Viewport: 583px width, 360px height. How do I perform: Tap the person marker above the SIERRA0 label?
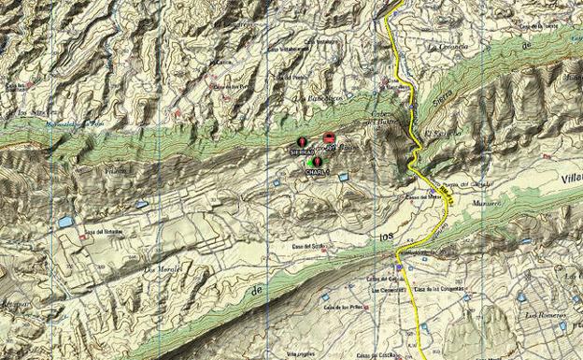point(301,142)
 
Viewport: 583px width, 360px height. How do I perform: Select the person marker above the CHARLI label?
point(317,163)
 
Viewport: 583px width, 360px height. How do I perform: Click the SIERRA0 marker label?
point(302,151)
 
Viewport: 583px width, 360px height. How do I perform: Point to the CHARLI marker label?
point(315,172)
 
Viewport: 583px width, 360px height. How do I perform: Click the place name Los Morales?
point(162,269)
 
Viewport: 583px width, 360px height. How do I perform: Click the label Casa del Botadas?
point(103,232)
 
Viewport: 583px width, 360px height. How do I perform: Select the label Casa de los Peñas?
point(343,307)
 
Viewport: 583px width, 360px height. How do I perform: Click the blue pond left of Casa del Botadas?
point(64,223)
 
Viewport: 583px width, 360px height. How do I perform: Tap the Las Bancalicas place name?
point(313,97)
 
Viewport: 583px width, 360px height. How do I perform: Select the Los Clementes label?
point(385,289)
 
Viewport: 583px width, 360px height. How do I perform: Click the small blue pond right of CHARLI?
point(343,176)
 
